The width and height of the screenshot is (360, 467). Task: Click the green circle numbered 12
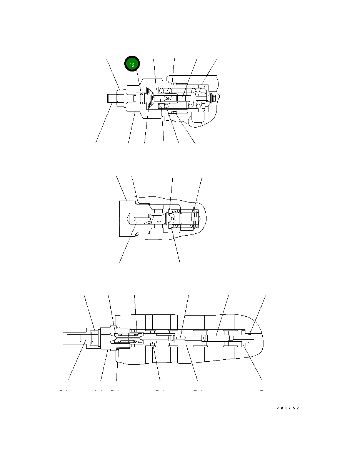tap(132, 65)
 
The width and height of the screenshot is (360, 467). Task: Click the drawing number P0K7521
tap(290, 408)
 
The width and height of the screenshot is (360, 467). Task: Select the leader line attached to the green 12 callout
tap(139, 83)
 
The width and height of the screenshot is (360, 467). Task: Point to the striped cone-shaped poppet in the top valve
tap(150, 98)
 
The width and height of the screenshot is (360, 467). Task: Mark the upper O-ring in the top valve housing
tap(174, 84)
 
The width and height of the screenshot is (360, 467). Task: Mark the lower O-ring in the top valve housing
tap(174, 113)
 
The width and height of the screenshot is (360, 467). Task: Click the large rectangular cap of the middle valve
tap(126, 218)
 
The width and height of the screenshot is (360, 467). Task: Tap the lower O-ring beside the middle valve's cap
tap(137, 233)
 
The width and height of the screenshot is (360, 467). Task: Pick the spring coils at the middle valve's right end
tap(196, 219)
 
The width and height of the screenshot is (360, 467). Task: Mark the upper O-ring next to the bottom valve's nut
tap(118, 328)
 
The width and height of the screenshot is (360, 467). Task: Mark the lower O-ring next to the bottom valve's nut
tap(118, 349)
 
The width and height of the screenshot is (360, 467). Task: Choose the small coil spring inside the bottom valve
tap(133, 338)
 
